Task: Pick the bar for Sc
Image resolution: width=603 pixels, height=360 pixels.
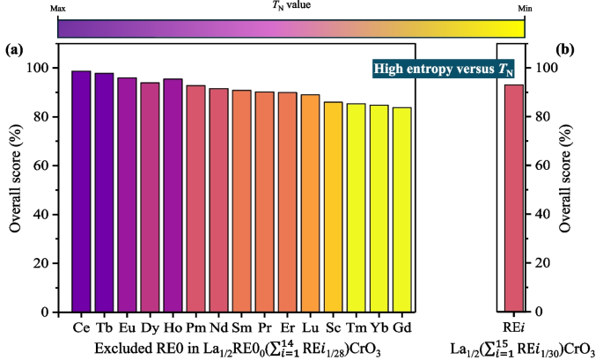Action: pyautogui.click(x=333, y=207)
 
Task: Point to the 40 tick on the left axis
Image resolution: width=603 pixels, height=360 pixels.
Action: pyautogui.click(x=40, y=215)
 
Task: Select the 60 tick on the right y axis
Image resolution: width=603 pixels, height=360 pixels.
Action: pyautogui.click(x=545, y=165)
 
